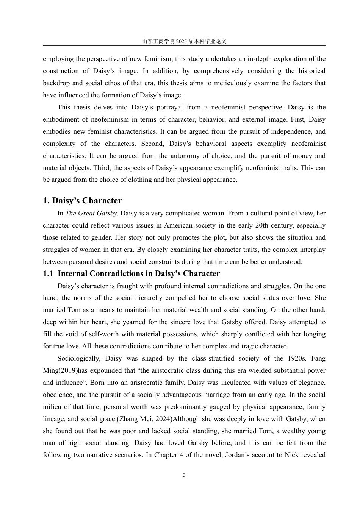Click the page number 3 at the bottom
tap(184, 475)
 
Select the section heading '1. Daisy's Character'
tap(82, 201)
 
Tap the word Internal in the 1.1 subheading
tap(74, 273)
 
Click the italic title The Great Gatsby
tap(92, 213)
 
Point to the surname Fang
tap(318, 358)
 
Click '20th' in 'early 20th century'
tap(262, 225)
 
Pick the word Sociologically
tap(79, 358)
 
